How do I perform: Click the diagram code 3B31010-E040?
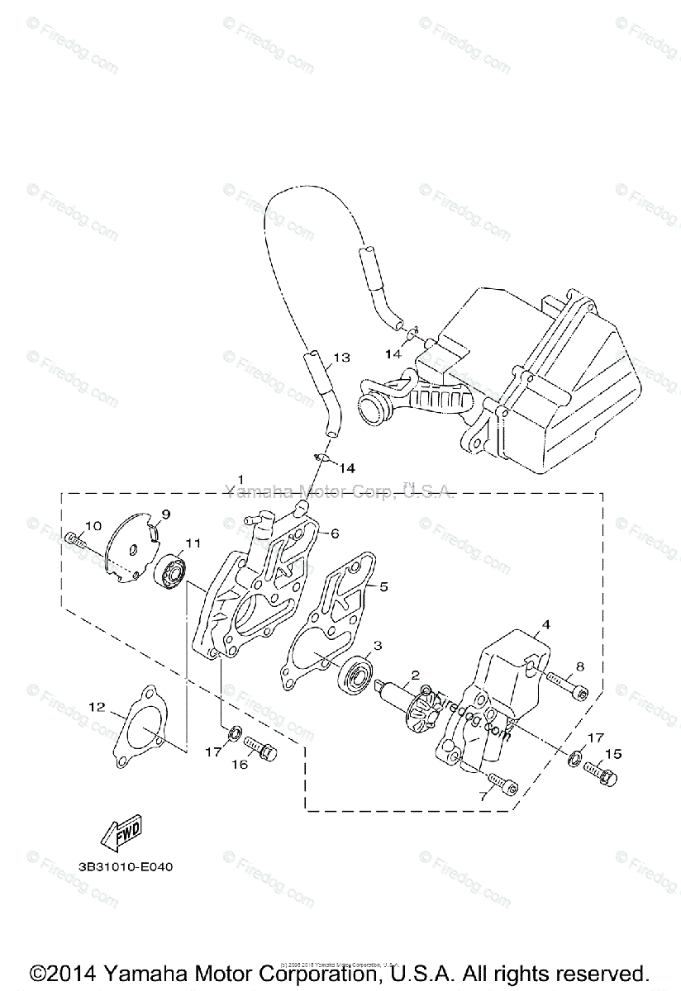[126, 867]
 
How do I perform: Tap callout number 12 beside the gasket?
[98, 706]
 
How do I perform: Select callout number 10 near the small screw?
[93, 525]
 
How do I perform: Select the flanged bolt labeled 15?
[601, 773]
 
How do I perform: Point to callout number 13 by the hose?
[341, 358]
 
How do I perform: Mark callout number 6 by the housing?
[335, 533]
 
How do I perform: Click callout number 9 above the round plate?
[165, 514]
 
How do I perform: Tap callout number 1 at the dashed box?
[240, 479]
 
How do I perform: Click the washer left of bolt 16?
[235, 733]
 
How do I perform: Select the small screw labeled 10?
[74, 541]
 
